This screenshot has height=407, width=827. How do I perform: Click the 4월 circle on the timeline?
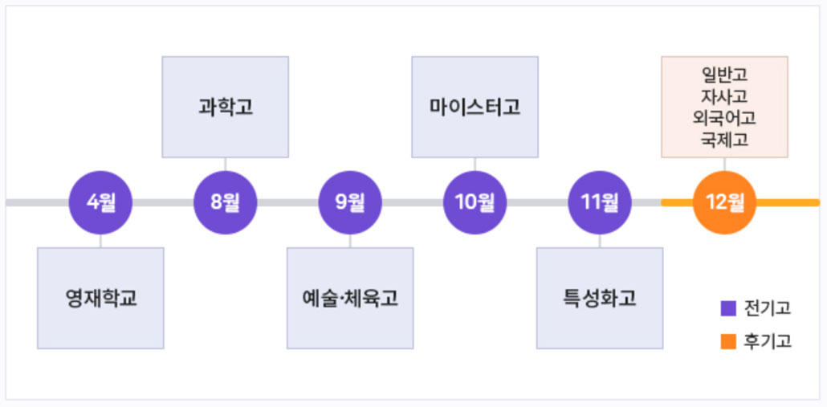tap(100, 202)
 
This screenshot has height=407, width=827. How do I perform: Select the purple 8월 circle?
tap(225, 202)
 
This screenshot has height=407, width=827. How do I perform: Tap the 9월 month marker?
tap(350, 202)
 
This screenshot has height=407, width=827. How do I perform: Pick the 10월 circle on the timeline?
tap(475, 202)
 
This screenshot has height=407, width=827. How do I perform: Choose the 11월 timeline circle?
tap(600, 202)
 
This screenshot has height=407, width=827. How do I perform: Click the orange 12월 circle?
tap(724, 202)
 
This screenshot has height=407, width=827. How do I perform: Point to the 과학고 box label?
tap(226, 107)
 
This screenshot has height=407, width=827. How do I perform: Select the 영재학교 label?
tap(101, 299)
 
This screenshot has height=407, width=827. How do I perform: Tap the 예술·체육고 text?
tap(351, 299)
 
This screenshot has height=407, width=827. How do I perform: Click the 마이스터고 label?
tap(475, 107)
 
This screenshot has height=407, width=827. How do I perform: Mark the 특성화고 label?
tap(600, 299)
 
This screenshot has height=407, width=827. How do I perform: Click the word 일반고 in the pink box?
tap(724, 75)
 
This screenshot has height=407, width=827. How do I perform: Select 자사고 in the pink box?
tap(724, 96)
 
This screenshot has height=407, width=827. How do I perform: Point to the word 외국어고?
tap(724, 118)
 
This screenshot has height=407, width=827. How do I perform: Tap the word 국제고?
tap(724, 140)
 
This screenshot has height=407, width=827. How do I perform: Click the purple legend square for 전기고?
tap(728, 308)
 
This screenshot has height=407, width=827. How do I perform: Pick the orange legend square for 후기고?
tap(728, 342)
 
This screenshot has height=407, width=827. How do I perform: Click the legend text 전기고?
tap(768, 308)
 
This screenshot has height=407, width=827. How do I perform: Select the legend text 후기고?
tap(768, 342)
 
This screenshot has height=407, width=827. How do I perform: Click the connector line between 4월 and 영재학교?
tap(100, 241)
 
